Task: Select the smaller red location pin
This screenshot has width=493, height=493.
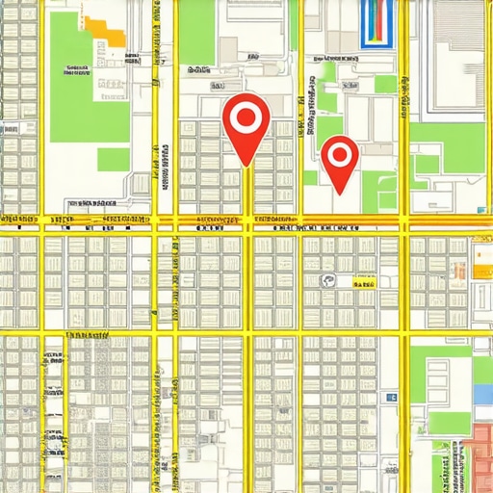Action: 339,157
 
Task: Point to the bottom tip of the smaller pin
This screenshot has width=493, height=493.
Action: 340,191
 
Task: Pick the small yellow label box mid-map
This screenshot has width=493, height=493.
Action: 363,283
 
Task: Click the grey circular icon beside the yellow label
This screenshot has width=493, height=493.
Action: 327,282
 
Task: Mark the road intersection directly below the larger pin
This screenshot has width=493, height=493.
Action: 249,221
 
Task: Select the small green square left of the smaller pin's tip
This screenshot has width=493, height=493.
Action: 310,178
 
